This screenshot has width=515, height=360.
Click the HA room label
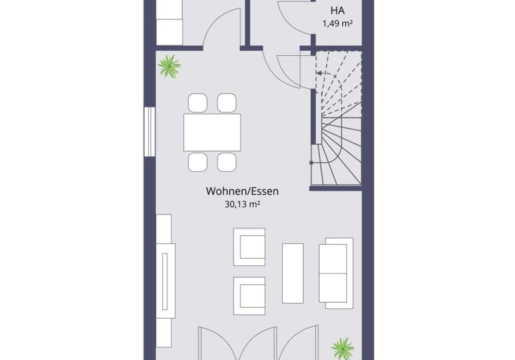coord(338,10)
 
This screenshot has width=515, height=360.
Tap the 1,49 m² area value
coord(338,23)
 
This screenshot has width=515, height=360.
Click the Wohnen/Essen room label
coord(243,191)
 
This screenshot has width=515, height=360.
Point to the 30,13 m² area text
coord(243,204)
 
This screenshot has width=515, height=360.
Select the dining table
coord(212,132)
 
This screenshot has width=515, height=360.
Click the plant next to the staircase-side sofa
coord(343,348)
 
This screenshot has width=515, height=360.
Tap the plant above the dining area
coord(169,66)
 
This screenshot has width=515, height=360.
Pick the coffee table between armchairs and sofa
coord(293,273)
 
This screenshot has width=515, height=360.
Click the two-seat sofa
coord(336,273)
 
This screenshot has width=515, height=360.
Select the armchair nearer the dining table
coord(249,247)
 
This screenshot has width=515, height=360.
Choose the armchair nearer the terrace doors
coord(249,296)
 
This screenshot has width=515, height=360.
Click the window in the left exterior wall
coord(149,132)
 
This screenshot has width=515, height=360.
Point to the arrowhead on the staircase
coord(318,73)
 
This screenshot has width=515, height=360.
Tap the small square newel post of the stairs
coord(311,163)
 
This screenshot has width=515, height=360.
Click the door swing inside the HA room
coord(295,17)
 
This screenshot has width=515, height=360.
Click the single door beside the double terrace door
coord(298,342)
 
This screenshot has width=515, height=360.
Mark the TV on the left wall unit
coord(165,281)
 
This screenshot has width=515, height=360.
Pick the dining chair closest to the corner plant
coord(198,102)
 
